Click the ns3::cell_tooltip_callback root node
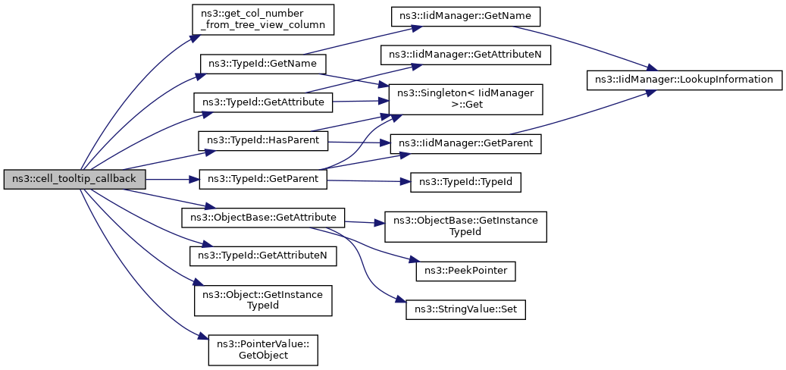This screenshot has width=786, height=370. pos(74,180)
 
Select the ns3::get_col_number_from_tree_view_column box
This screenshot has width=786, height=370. pos(262,20)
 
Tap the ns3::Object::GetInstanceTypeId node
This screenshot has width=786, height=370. pos(263,300)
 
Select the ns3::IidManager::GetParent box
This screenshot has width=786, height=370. pos(465,144)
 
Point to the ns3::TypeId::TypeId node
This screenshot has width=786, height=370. pos(465,183)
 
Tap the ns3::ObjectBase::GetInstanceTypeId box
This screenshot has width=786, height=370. pos(465,227)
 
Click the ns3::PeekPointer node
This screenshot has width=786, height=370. pos(465,271)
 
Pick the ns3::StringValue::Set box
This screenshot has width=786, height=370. pos(465,311)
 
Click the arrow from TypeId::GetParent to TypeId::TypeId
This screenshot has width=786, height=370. pos(368,181)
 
